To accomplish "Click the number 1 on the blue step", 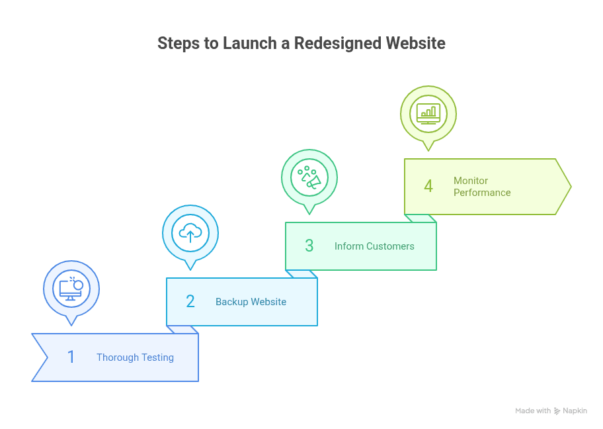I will [71, 358].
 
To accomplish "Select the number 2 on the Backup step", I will [190, 302].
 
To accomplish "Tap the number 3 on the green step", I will [309, 246].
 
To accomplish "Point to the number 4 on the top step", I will [428, 186].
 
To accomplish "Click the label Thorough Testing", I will [135, 358].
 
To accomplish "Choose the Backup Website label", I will [251, 302].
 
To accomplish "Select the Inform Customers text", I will [374, 246].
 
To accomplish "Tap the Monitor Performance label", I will [481, 186].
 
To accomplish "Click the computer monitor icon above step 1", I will [71, 288].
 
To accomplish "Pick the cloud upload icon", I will [190, 232].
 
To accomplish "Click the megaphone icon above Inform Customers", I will [309, 177].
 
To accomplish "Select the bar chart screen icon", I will [428, 113].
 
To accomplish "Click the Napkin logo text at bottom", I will [574, 411].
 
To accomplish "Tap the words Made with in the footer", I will [532, 411].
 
